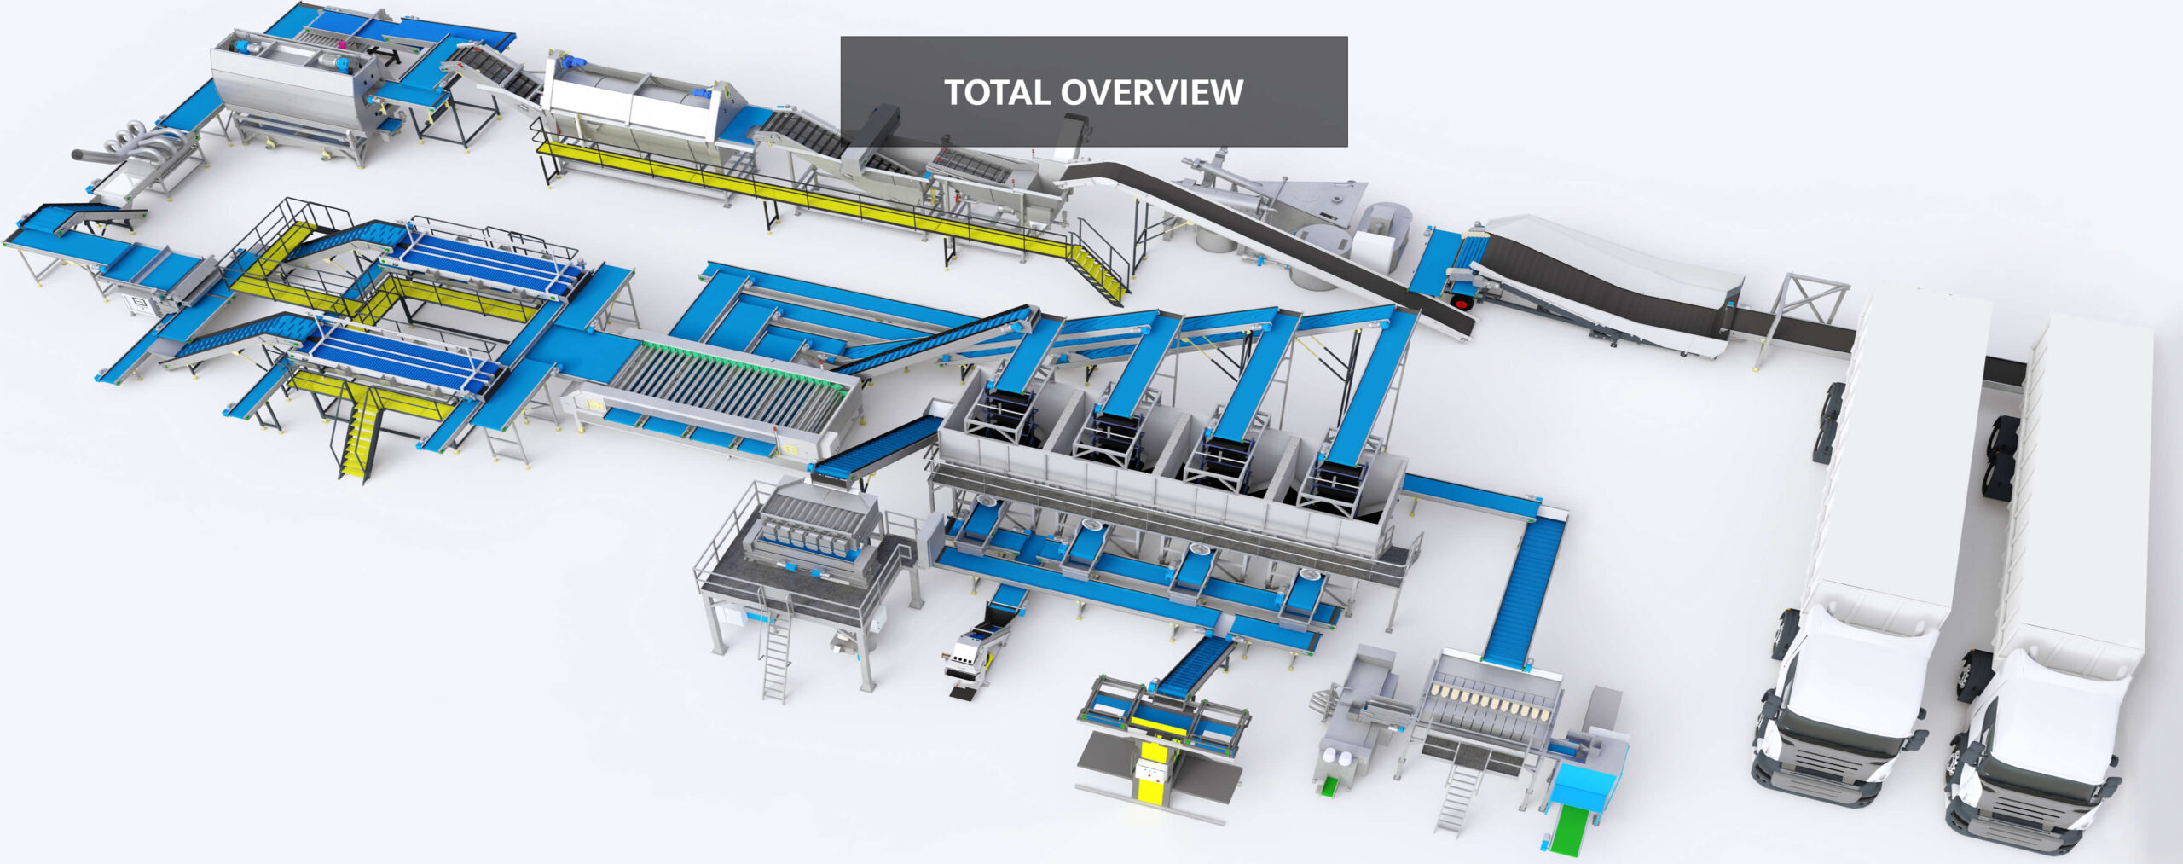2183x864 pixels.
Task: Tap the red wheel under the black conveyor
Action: click(1461, 302)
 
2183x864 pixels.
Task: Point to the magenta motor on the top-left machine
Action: click(339, 42)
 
